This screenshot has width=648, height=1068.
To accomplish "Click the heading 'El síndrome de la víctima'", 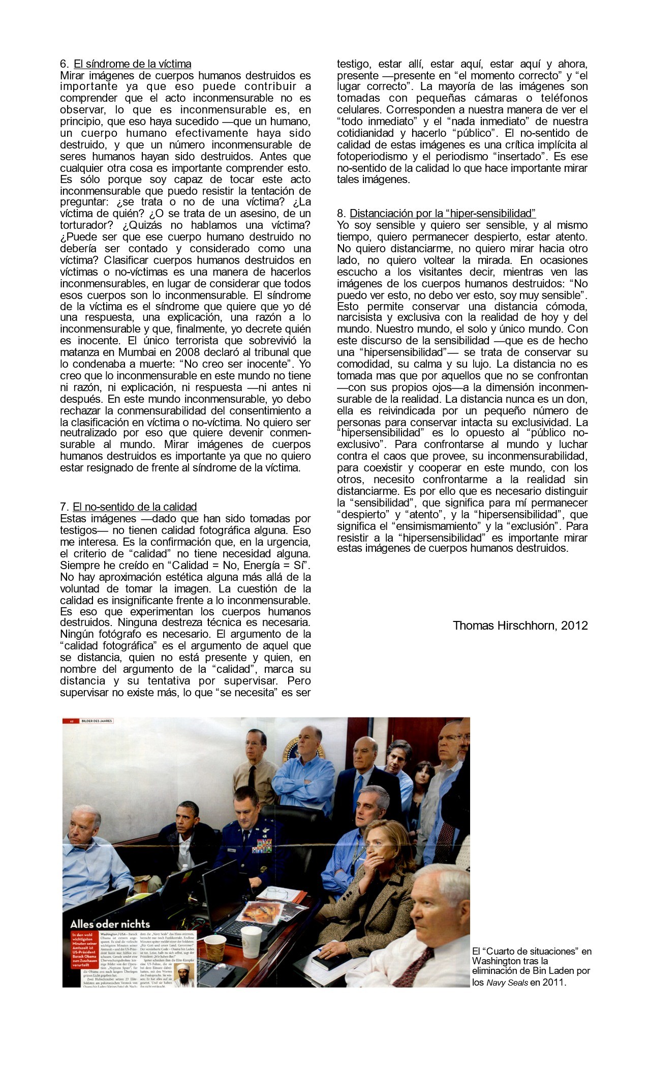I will click(132, 64).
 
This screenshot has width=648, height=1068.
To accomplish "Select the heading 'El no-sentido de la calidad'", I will click(135, 507).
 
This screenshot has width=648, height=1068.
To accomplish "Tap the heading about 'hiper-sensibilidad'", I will click(443, 213).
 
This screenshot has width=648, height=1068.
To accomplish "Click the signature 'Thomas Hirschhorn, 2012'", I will click(520, 625).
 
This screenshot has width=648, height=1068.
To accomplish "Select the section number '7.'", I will click(64, 507).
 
